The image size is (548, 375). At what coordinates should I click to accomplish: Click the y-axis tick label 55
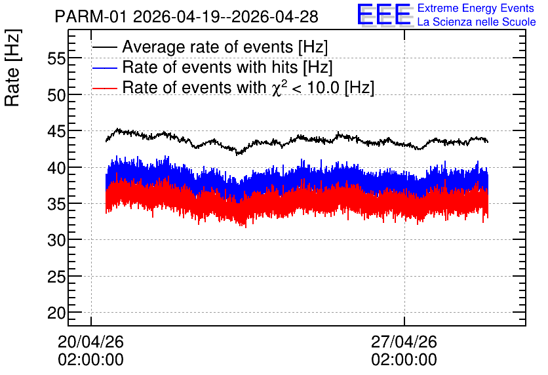(56, 59)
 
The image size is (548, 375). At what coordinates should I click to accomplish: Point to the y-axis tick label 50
(56, 95)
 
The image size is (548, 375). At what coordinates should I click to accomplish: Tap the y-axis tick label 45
(56, 131)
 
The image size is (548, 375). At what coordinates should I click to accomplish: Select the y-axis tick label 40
(56, 168)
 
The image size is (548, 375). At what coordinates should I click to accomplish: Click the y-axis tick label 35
(56, 204)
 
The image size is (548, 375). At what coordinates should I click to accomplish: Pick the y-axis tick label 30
(56, 241)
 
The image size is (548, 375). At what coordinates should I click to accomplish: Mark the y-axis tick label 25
(56, 277)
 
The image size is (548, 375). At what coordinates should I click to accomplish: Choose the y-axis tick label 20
(56, 313)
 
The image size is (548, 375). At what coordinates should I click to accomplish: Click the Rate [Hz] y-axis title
(12, 68)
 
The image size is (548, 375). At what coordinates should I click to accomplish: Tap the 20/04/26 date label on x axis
(90, 342)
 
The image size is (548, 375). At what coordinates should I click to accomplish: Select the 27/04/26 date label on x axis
(404, 342)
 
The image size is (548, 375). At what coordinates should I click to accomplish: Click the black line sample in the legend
(104, 47)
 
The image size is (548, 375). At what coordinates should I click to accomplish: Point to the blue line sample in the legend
(104, 68)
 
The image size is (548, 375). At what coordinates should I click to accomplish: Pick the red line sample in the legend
(104, 88)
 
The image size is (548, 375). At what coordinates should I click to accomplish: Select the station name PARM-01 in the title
(90, 17)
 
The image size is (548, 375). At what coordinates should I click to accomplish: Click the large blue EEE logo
(384, 14)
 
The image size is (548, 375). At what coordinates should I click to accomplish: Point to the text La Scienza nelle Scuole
(477, 22)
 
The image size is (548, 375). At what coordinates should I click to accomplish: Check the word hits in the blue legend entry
(283, 67)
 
